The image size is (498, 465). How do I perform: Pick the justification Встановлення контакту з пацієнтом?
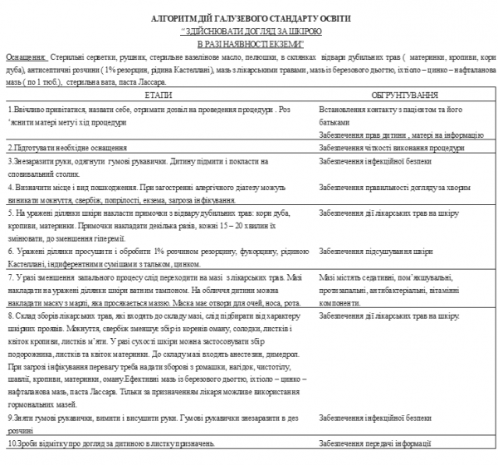pyautogui.click(x=390, y=109)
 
